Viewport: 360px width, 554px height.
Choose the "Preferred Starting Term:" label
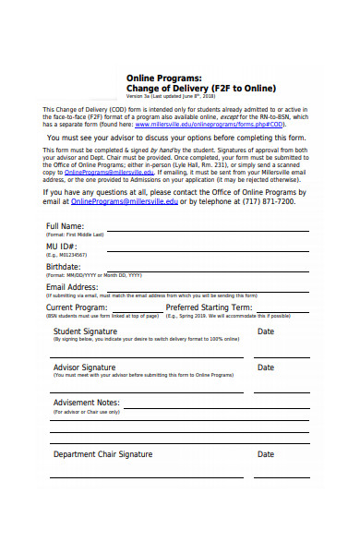(209, 307)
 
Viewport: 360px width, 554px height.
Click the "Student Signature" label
(85, 331)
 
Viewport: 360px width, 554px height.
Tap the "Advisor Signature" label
(85, 367)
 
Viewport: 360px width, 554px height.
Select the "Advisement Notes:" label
(87, 403)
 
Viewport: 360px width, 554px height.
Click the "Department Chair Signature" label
(102, 454)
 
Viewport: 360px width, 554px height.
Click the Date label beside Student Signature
(266, 331)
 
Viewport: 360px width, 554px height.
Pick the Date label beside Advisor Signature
(266, 367)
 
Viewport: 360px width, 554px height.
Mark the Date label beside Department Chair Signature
(266, 454)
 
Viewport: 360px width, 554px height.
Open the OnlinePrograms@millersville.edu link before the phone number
(124, 200)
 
